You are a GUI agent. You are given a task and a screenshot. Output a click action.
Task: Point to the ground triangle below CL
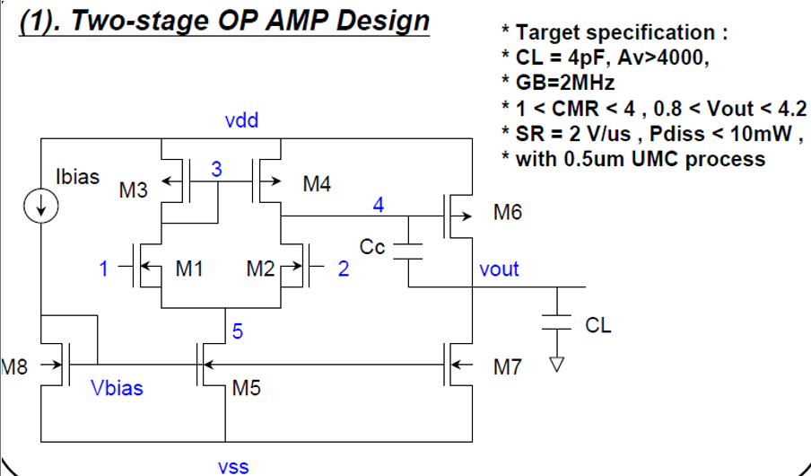[x=557, y=365]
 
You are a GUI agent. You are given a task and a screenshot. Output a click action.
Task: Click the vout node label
[x=499, y=269]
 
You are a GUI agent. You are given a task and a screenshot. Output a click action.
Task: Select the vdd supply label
[x=242, y=120]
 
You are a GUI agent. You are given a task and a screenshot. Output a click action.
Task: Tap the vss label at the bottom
[x=233, y=466]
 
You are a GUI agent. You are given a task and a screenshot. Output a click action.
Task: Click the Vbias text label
[x=117, y=388]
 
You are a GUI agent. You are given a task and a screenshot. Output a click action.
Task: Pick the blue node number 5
[x=237, y=331]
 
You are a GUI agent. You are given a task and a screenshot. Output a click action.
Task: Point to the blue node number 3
[x=216, y=168]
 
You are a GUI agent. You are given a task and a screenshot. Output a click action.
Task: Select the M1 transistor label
[x=189, y=268]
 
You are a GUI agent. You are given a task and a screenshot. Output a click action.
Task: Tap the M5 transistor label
[x=247, y=388]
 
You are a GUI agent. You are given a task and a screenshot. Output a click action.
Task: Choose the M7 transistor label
[x=507, y=367]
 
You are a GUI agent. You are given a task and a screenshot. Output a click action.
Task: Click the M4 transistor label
[x=317, y=185]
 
